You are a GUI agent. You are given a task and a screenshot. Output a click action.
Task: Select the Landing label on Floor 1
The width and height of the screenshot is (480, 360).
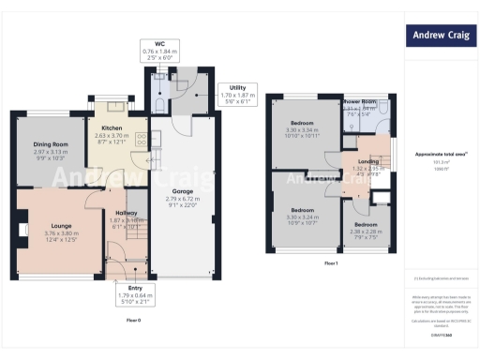click(367, 161)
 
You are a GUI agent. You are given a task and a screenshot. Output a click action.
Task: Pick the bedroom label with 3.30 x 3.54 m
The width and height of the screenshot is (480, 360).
click(301, 124)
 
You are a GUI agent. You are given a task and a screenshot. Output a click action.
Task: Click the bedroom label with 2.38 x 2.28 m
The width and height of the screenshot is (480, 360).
click(365, 225)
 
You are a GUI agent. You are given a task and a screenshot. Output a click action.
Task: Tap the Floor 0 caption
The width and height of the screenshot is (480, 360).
click(133, 321)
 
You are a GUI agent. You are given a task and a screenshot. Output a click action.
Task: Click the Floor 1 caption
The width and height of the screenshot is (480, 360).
click(330, 264)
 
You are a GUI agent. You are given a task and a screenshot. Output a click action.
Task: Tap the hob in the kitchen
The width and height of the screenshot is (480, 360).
click(140, 141)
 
